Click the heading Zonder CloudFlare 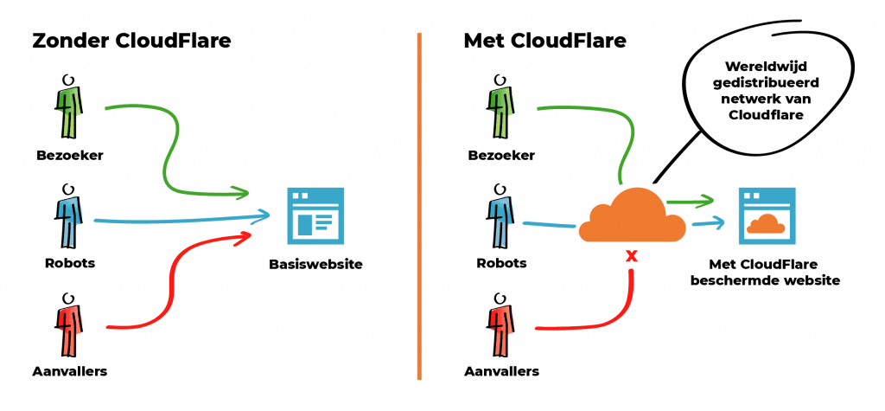(132, 42)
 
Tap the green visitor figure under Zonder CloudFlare (67, 109)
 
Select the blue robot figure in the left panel (67, 216)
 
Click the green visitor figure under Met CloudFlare (500, 109)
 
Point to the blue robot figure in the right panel (500, 216)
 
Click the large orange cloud (632, 216)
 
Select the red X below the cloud (632, 256)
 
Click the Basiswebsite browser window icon (315, 216)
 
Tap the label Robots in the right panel (500, 261)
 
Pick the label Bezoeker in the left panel (67, 157)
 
